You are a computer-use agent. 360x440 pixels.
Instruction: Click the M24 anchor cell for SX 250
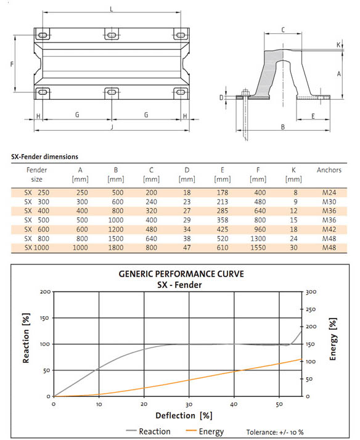[329, 192]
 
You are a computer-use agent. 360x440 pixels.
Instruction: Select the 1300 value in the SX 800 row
[258, 238]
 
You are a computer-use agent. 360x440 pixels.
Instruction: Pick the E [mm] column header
[223, 174]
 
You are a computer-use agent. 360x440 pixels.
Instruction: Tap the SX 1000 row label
[37, 248]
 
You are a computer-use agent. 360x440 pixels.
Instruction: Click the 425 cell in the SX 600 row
[223, 229]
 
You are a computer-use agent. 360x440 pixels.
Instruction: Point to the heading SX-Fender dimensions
[44, 157]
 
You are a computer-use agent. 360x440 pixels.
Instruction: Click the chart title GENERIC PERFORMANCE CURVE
[181, 274]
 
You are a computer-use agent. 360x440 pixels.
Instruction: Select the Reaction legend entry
[148, 431]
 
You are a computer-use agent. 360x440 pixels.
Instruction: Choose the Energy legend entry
[205, 431]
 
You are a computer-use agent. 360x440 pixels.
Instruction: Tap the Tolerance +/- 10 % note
[275, 432]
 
